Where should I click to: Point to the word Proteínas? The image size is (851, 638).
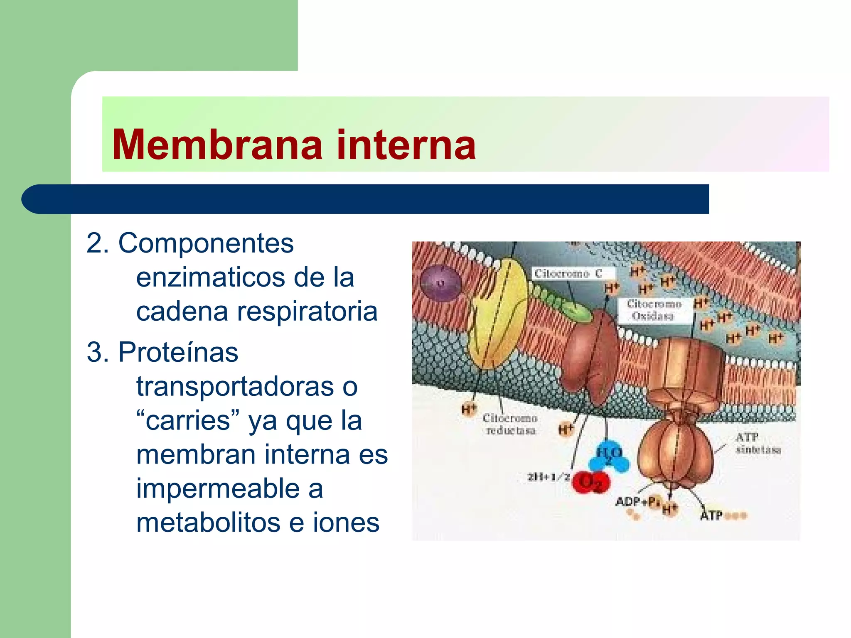[178, 352]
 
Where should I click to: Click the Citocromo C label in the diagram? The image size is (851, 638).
[568, 274]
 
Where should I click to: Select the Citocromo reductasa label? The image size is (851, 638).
[510, 425]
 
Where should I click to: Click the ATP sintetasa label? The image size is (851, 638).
[758, 443]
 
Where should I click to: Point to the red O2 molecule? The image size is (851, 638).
[590, 483]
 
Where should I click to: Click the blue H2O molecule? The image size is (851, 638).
[609, 457]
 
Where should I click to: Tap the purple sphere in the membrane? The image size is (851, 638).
[440, 283]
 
